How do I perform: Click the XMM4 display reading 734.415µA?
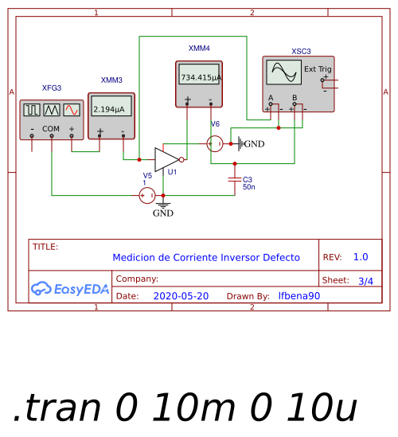click(199, 78)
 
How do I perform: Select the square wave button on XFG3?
click(32, 110)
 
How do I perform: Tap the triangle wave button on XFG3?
click(52, 110)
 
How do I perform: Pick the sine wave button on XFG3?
click(72, 110)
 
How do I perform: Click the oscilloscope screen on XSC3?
click(283, 74)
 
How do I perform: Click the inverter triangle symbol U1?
click(166, 158)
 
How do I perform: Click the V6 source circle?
click(215, 143)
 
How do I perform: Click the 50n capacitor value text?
click(248, 187)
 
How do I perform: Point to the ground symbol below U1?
click(162, 206)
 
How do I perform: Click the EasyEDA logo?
click(69, 290)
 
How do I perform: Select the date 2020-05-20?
click(180, 296)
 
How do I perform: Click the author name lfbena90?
click(298, 296)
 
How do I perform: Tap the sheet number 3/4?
click(365, 281)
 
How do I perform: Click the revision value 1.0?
click(361, 257)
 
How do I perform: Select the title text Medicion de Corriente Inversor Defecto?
click(206, 258)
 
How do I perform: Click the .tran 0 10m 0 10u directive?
click(185, 408)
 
